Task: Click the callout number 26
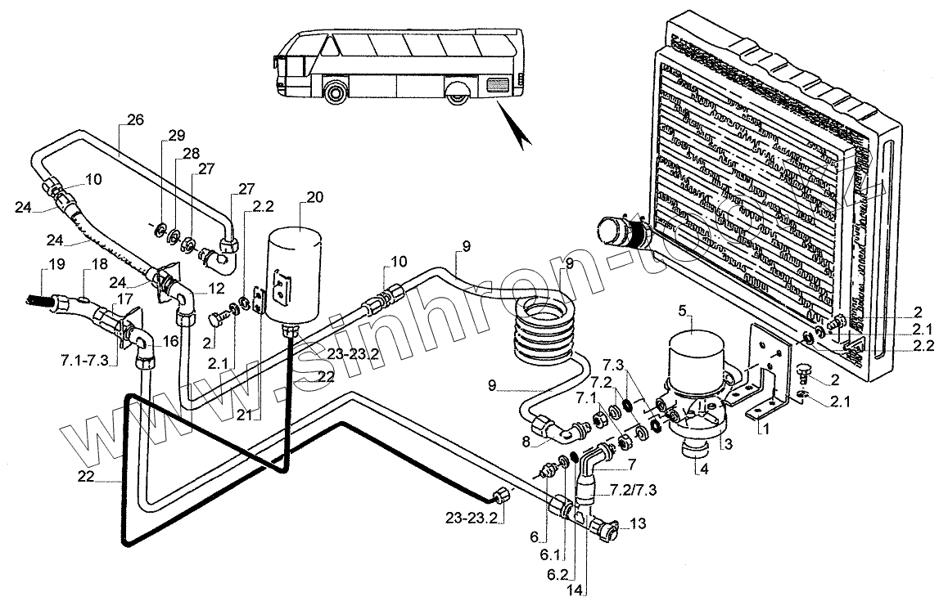coord(135,119)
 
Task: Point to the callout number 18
coord(99,265)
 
